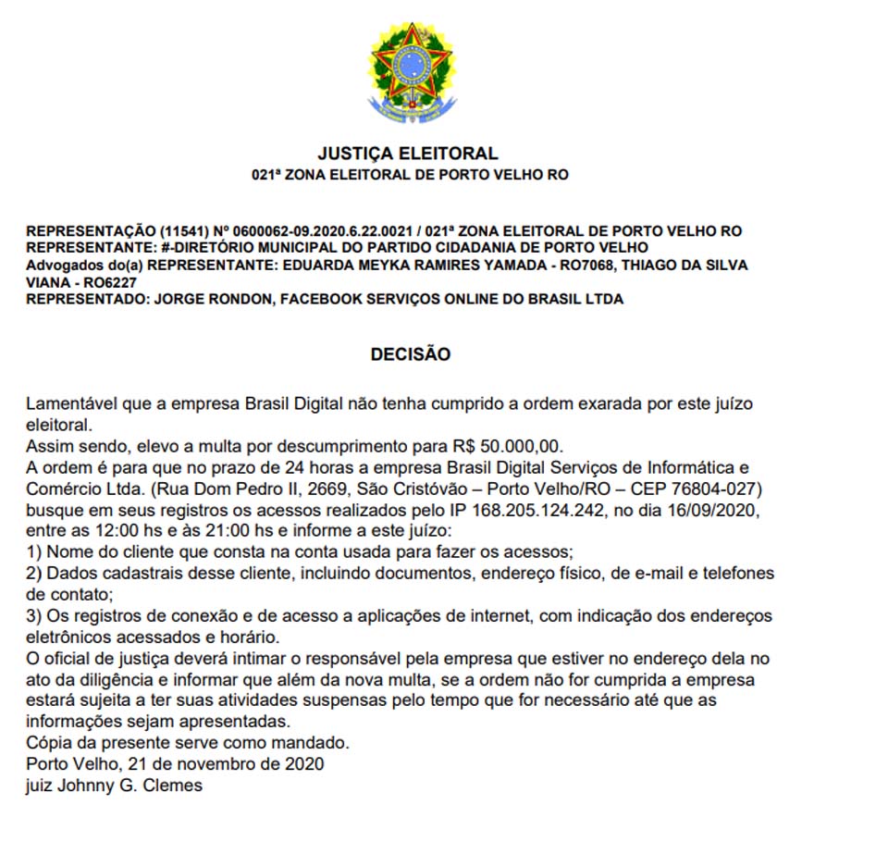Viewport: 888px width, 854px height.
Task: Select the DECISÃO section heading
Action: point(410,354)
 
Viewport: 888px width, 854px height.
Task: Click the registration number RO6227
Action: point(107,281)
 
